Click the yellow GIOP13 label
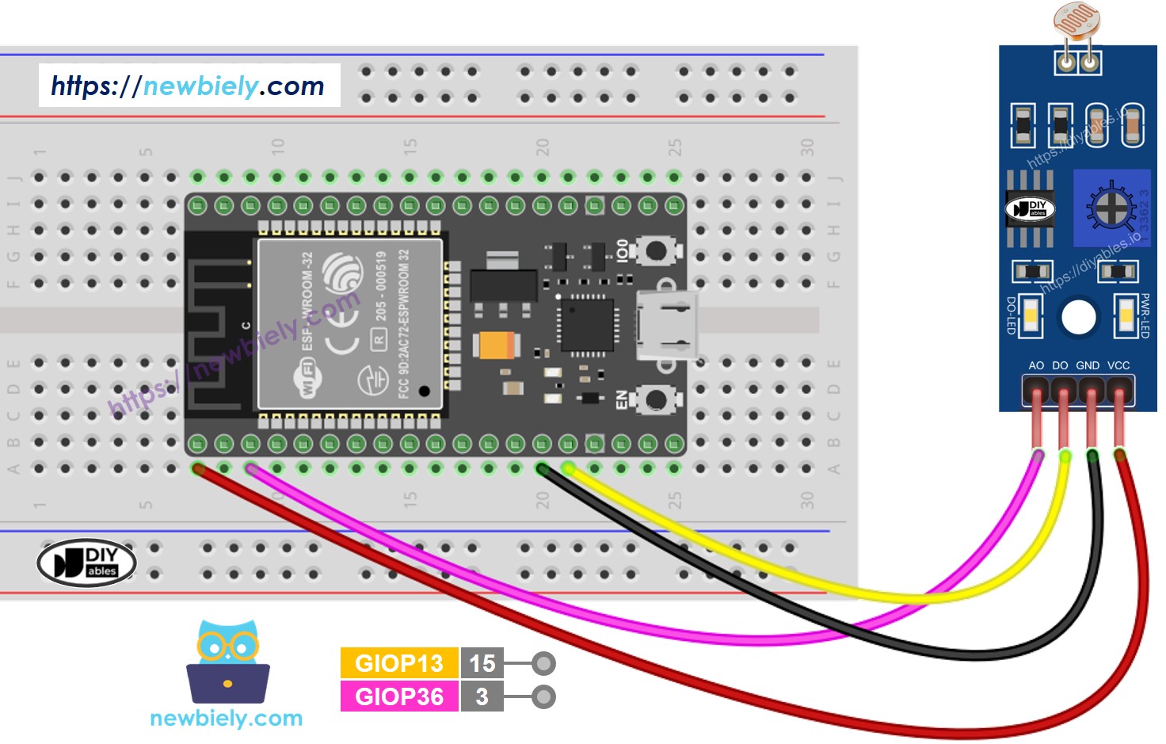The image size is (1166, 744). click(x=399, y=663)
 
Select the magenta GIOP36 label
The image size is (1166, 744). click(x=399, y=696)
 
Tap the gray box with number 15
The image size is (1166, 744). click(x=482, y=663)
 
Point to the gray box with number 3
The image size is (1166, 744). click(x=482, y=696)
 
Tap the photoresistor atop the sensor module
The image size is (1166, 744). click(x=1077, y=22)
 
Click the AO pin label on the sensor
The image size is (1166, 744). click(x=1036, y=365)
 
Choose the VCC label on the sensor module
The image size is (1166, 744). click(x=1118, y=365)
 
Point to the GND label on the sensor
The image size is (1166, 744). click(x=1088, y=365)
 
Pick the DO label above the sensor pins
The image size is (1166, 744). click(x=1060, y=365)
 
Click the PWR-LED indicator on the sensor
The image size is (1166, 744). click(x=1126, y=316)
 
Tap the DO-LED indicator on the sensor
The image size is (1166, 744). click(x=1031, y=316)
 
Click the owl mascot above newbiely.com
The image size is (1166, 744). click(x=228, y=662)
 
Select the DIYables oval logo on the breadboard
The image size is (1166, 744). click(x=87, y=563)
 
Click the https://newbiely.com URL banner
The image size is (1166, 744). click(x=189, y=86)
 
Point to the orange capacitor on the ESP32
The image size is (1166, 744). click(x=497, y=345)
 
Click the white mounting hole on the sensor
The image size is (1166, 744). click(x=1078, y=317)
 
